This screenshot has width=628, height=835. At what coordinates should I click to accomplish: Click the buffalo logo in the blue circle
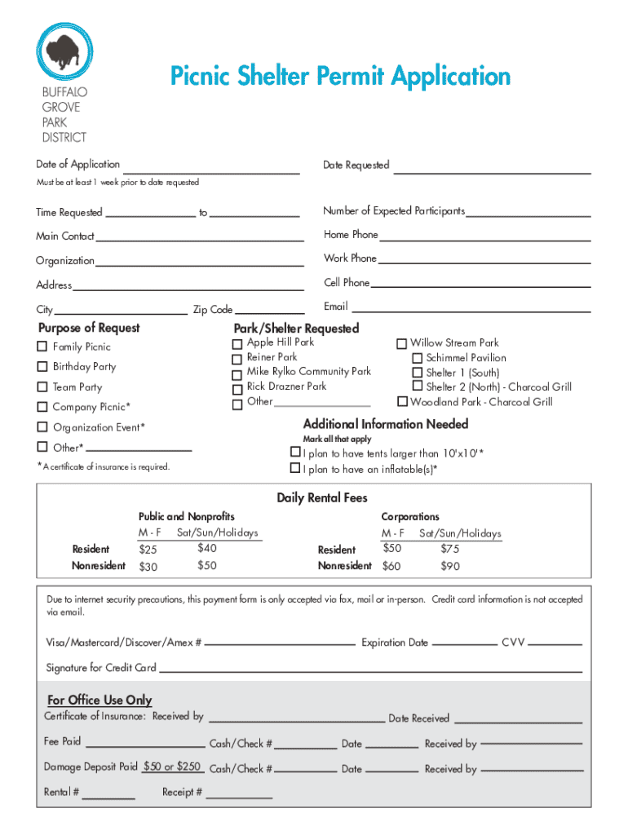click(x=65, y=52)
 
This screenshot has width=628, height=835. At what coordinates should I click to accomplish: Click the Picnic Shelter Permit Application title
click(x=340, y=77)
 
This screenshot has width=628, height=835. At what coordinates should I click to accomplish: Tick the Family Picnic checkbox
click(x=42, y=347)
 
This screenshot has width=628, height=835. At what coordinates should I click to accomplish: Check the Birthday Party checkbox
click(x=42, y=367)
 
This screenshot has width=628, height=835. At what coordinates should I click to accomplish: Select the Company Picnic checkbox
click(x=42, y=407)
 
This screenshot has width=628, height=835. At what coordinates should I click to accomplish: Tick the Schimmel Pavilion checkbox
click(x=417, y=358)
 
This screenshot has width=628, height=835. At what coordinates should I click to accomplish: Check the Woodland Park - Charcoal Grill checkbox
click(x=402, y=402)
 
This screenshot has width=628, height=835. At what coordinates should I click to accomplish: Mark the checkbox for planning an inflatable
click(x=295, y=469)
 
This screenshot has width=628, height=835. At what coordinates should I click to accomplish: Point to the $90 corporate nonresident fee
click(x=450, y=566)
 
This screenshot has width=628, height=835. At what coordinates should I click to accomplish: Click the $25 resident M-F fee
click(x=148, y=550)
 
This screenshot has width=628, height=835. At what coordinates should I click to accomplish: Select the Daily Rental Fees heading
click(x=321, y=497)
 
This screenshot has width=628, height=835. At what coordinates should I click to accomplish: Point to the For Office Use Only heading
click(x=100, y=700)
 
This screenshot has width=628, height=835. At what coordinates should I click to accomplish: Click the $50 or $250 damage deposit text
click(x=172, y=767)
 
